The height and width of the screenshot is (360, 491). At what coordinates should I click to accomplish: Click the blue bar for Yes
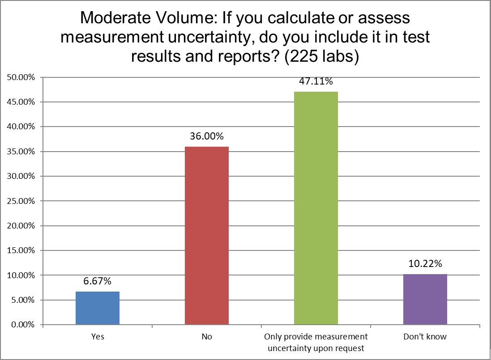click(x=98, y=308)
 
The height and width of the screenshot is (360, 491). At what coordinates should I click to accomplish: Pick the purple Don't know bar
click(x=425, y=299)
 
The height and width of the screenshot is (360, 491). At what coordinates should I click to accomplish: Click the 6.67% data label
click(x=97, y=282)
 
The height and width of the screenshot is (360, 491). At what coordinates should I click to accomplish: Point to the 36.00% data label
click(x=207, y=136)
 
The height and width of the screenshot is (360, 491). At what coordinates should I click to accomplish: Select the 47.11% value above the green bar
click(x=316, y=81)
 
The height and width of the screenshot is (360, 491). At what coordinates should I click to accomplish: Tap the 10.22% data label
click(x=425, y=264)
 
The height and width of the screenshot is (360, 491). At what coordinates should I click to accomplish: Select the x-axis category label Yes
click(x=97, y=337)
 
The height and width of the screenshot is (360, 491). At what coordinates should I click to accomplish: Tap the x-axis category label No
click(x=207, y=337)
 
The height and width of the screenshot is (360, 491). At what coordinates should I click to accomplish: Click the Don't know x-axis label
click(x=425, y=337)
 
